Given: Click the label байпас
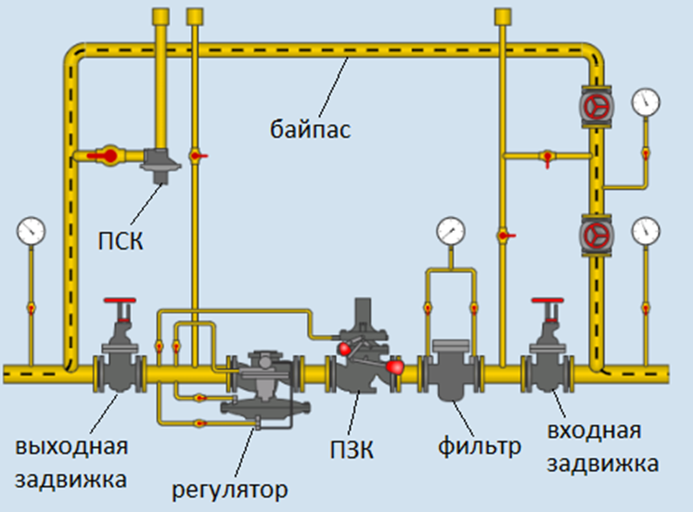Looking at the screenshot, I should click(312, 128).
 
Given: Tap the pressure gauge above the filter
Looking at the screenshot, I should click(452, 229).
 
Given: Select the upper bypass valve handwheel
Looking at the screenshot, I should click(595, 107).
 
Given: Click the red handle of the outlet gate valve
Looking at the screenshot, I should click(120, 303).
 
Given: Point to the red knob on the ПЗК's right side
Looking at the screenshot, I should click(396, 367).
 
